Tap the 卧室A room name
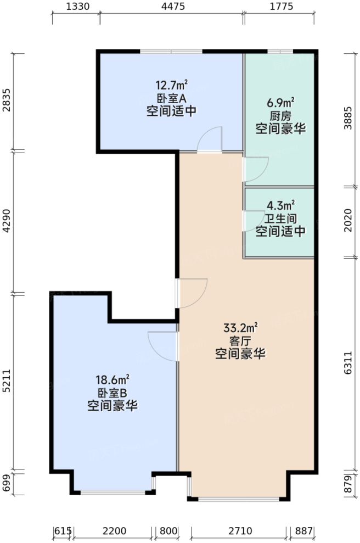(171, 98)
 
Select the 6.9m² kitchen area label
(280, 103)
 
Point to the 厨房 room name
(280, 116)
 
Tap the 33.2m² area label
(240, 328)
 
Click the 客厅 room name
(240, 342)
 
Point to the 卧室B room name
(113, 393)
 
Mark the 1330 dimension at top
(76, 7)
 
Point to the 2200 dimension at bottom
(114, 531)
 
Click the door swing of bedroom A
(210, 139)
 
